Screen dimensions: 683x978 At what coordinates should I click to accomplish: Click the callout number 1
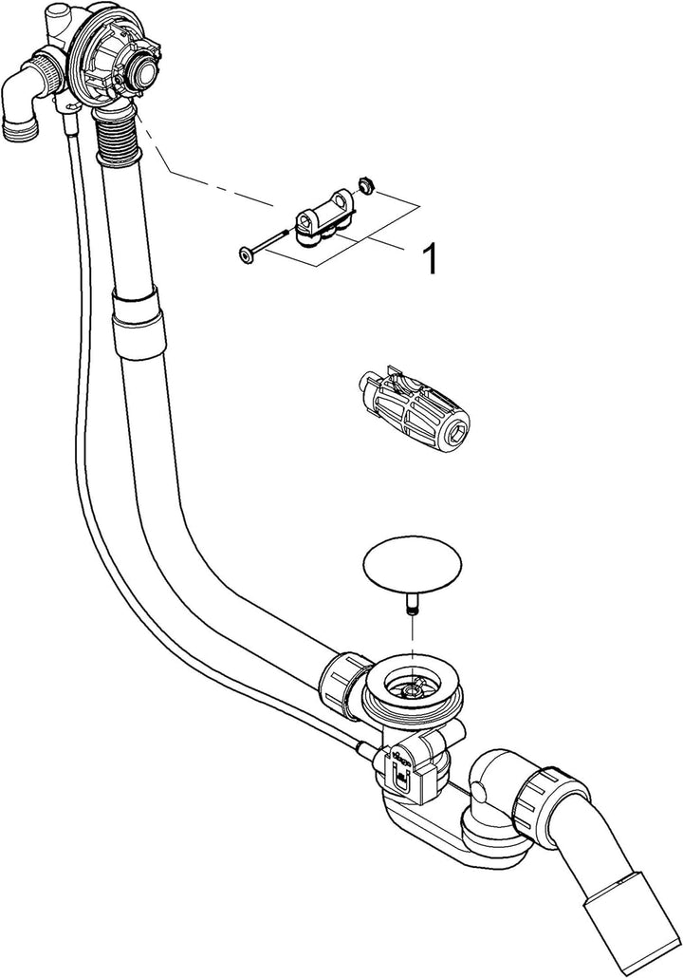(430, 259)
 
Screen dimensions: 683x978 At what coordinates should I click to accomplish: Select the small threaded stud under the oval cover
(412, 606)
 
